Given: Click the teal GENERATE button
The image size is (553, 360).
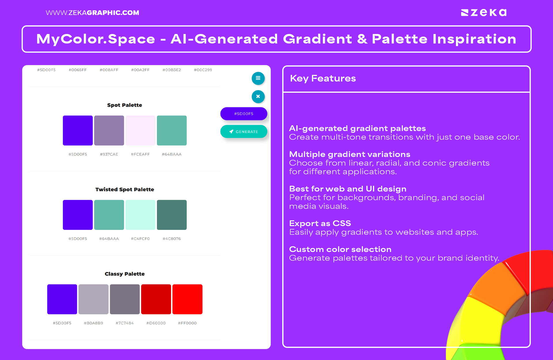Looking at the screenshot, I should coord(244,132).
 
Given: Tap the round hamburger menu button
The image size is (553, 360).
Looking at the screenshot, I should coord(258,78).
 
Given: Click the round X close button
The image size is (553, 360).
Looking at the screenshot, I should coord(258,96).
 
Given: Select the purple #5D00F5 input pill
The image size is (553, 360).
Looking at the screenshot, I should coord(244,114).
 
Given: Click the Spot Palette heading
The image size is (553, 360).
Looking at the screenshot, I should coord(124,105).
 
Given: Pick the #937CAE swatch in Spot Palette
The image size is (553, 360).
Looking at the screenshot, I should coord(109,130).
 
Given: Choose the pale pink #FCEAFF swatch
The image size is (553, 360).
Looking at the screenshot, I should coord(140,130).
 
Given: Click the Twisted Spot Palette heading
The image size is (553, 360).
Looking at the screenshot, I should coord(124,190).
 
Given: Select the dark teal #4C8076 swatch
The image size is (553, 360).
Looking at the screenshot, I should coord(172,215).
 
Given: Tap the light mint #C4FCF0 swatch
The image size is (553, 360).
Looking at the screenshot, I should coord(140,215).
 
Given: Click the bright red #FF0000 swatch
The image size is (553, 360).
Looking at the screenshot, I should coord(187,299).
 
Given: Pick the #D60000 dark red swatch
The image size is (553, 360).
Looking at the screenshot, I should coord(156,299).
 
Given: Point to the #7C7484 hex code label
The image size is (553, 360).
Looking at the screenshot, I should coord(124,323).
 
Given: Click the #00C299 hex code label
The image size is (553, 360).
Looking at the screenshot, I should coord(203,70).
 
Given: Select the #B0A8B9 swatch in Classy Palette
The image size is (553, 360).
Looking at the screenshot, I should coord(93,299).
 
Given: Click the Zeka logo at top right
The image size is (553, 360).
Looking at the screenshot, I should coord(484,13).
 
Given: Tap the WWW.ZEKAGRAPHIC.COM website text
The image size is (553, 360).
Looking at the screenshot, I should coord(92,13).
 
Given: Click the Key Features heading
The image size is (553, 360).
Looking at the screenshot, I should coord(323,78).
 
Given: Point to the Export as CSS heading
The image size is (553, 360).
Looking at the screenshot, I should coord(320,223).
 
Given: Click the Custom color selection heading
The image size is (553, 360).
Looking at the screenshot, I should coord(340,249).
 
